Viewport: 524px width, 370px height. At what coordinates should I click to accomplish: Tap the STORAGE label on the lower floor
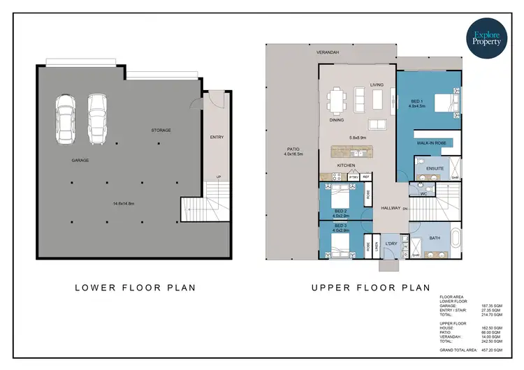click(161, 130)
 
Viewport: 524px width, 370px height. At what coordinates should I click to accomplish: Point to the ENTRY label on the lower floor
click(217, 137)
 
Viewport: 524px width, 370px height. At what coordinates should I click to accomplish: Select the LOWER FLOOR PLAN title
click(135, 287)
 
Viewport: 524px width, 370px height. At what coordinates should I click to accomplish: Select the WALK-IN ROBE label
click(431, 142)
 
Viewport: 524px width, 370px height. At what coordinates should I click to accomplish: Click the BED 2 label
click(340, 210)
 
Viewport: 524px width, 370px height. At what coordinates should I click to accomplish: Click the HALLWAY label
click(390, 208)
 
